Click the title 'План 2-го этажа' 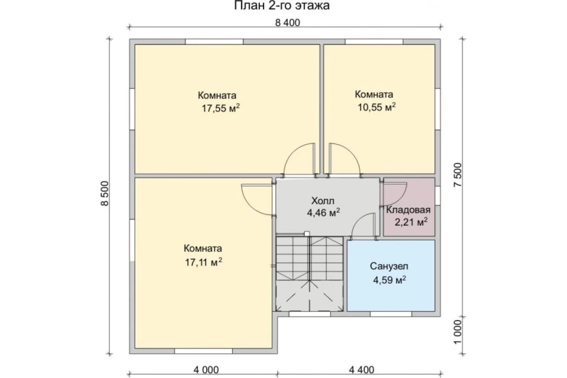point(282,6)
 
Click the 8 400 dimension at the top point(288,22)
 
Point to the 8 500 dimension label point(105,193)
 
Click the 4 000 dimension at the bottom point(206,370)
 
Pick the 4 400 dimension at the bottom point(361,370)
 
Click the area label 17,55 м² point(220,108)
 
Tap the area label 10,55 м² point(376,107)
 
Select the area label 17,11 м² point(204,262)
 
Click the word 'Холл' point(323,200)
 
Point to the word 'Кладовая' point(408,210)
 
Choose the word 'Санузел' point(389,266)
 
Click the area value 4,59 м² point(389,279)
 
